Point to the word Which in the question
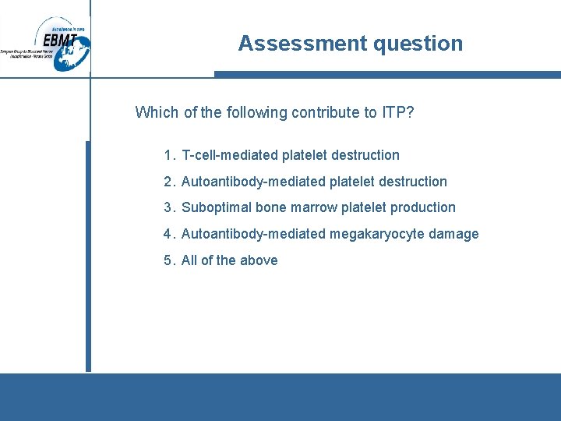(157, 112)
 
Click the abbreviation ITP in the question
(393, 112)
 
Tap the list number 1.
(168, 155)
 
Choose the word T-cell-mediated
(230, 155)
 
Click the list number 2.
(168, 182)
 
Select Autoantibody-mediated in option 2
(253, 182)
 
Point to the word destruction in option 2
(413, 182)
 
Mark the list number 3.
(168, 207)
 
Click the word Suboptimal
(214, 207)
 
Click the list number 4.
(168, 234)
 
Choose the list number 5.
(168, 260)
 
